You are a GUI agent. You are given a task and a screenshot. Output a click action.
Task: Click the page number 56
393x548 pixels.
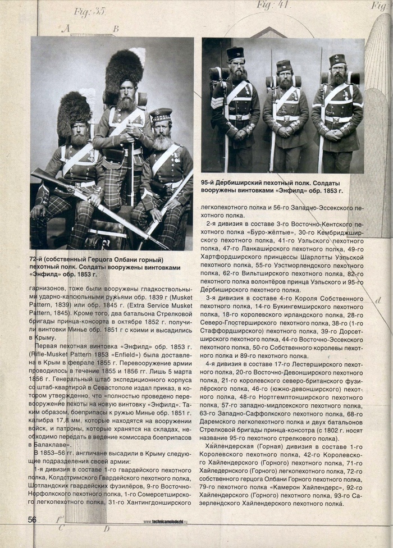coord(33,519)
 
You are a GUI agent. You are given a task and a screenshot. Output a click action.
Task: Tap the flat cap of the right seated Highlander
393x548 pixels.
coord(161,115)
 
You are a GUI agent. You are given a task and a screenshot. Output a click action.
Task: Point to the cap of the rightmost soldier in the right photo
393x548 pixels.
coord(337,59)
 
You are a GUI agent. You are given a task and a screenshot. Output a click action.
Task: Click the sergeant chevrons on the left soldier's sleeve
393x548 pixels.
coord(217,102)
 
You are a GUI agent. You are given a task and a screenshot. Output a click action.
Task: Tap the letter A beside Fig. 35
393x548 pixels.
coord(65,28)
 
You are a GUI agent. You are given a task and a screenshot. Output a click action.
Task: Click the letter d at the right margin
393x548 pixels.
coord(378,300)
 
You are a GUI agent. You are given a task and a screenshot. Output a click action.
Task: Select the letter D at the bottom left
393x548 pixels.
coord(106,528)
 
